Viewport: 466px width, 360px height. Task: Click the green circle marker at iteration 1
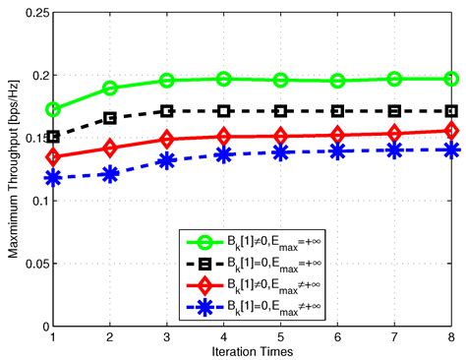[53, 109]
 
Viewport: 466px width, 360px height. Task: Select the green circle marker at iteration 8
[452, 79]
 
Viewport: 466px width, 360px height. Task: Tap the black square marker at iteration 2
[110, 118]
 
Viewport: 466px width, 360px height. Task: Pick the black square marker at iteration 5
[281, 111]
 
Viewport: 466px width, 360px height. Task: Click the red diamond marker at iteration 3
[167, 141]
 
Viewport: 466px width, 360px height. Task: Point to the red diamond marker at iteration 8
[452, 130]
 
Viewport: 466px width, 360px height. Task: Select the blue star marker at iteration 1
[53, 178]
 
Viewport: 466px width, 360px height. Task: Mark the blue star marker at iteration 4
[224, 154]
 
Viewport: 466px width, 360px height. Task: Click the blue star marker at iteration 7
[395, 150]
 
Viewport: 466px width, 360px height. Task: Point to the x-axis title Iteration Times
[253, 351]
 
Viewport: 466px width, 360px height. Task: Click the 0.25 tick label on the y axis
[32, 13]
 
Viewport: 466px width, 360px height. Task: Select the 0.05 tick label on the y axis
[32, 264]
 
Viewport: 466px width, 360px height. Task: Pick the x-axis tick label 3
[167, 336]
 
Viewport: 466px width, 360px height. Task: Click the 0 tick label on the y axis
[41, 326]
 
